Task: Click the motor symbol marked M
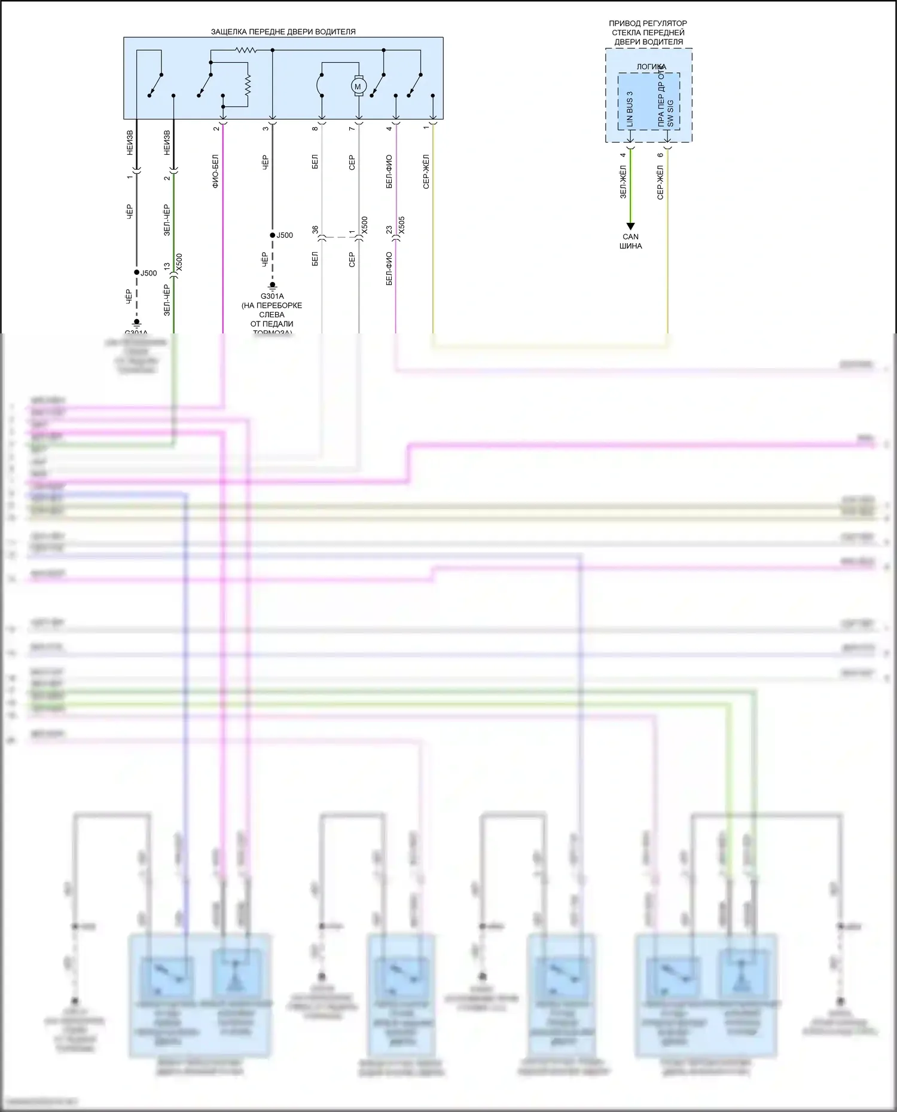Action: pyautogui.click(x=358, y=87)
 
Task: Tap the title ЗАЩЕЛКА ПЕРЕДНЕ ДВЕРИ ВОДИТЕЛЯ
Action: pyautogui.click(x=283, y=32)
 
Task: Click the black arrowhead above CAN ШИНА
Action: pyautogui.click(x=630, y=226)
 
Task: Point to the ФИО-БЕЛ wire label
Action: pyautogui.click(x=215, y=171)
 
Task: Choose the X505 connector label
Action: pyautogui.click(x=402, y=225)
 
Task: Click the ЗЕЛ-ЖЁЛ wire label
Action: pyautogui.click(x=623, y=182)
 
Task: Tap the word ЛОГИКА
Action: pyautogui.click(x=651, y=67)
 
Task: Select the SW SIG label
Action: pyautogui.click(x=670, y=113)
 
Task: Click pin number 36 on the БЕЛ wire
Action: pyautogui.click(x=315, y=229)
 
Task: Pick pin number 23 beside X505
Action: pyautogui.click(x=389, y=229)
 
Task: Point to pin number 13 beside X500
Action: pyautogui.click(x=167, y=266)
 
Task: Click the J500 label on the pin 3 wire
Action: pyautogui.click(x=285, y=235)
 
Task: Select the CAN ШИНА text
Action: pyautogui.click(x=630, y=241)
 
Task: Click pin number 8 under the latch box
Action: pyautogui.click(x=315, y=128)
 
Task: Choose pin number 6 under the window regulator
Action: pyautogui.click(x=660, y=155)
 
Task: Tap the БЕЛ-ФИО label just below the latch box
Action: pyautogui.click(x=389, y=172)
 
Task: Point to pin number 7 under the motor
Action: pyautogui.click(x=352, y=128)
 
